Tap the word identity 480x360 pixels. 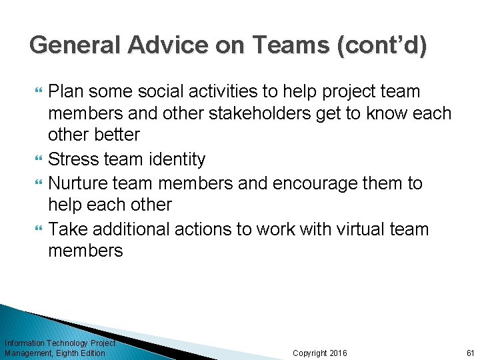tap(175, 159)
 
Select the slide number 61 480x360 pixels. tap(470, 353)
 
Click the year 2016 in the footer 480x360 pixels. tap(338, 353)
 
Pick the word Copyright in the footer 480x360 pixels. tap(310, 353)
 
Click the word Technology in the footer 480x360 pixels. tap(67, 343)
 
